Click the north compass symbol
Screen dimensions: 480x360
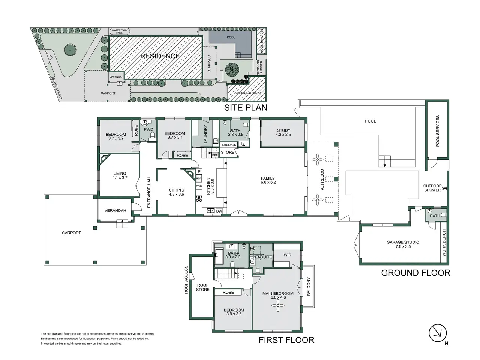(x=437, y=333)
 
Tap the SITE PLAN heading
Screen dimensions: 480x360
(x=246, y=108)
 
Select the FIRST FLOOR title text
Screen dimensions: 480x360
(x=286, y=340)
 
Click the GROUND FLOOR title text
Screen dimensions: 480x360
(x=415, y=273)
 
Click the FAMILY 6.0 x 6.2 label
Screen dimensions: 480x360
(x=268, y=180)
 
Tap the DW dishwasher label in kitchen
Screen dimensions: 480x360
(x=219, y=211)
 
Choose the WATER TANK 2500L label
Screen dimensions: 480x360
(x=119, y=32)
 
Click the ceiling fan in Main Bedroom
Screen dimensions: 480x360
(x=278, y=305)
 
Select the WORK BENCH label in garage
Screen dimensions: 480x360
(x=444, y=243)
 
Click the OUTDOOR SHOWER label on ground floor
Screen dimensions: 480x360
(x=432, y=188)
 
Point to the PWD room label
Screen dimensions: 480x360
(x=148, y=129)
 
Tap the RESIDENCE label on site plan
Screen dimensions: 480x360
(x=160, y=56)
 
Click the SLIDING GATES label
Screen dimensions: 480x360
(x=57, y=88)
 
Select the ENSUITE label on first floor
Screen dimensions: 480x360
(x=264, y=257)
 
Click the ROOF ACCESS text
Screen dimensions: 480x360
(x=186, y=280)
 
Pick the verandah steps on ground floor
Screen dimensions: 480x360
(x=122, y=223)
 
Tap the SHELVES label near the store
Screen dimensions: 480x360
(x=229, y=145)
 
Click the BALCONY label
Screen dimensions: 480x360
(x=309, y=286)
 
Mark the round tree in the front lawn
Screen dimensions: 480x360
(x=70, y=50)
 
